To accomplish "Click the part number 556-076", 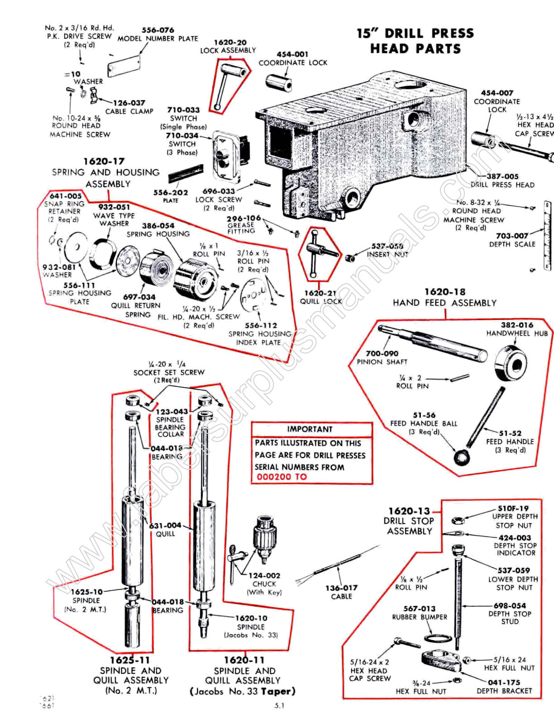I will (158, 30).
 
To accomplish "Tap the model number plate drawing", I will (124, 67).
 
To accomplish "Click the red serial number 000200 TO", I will (282, 477).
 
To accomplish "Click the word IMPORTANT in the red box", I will (310, 429).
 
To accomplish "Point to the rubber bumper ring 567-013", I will (438, 638).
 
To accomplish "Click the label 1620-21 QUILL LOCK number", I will (320, 293).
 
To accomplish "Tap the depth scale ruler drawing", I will (547, 236).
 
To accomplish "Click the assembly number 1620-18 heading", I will (444, 292).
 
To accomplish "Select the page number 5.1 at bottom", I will (279, 706).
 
